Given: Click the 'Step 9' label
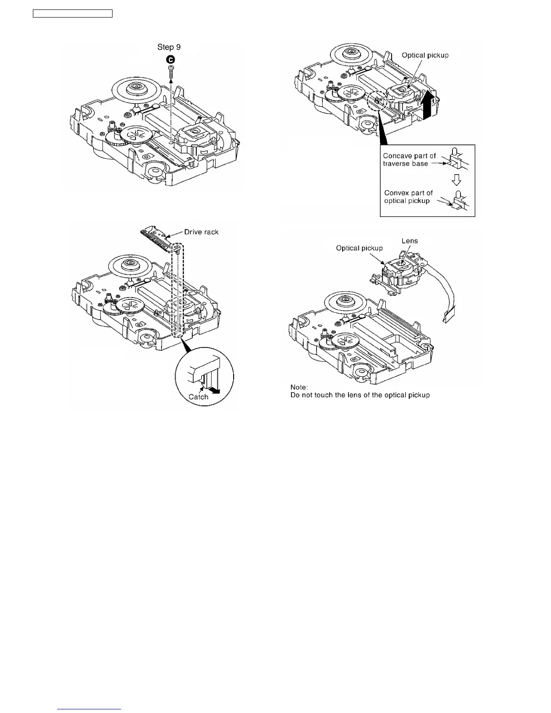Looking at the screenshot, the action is coord(169,47).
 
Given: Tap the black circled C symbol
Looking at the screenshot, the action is coord(171,59).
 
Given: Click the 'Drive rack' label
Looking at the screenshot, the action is coord(201,232).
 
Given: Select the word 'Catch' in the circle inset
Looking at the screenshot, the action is coord(199,397).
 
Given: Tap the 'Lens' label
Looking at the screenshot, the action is coord(410,241).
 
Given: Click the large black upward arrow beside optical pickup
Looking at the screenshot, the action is coord(430,104).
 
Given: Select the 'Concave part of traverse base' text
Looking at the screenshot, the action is coord(409,159).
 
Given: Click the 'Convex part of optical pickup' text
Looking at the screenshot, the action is coord(408,197).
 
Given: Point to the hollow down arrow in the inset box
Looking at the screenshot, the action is coord(456,181).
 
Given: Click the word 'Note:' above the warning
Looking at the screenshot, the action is coord(299,387).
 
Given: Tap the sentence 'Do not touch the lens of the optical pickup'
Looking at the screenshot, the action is coord(360,395).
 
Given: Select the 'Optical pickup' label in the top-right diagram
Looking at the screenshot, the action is coord(425,55).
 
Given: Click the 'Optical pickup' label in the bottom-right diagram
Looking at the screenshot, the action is coord(359,248).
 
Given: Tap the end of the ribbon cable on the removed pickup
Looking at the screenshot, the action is coord(448,318).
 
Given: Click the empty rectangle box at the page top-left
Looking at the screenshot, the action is coord(72,14).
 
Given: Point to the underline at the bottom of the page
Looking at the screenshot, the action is coord(90,709).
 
